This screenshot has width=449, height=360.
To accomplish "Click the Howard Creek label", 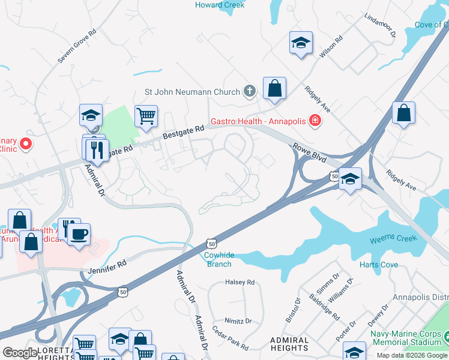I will pyautogui.click(x=220, y=5).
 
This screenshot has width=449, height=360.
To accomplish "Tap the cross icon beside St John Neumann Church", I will pyautogui.click(x=250, y=92).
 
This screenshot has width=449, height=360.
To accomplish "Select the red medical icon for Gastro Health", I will pyautogui.click(x=314, y=121).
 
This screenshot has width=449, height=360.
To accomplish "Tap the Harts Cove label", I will pyautogui.click(x=378, y=265).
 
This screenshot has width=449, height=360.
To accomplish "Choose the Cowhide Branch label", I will pyautogui.click(x=219, y=260).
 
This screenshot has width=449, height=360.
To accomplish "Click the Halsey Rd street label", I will pyautogui.click(x=240, y=282).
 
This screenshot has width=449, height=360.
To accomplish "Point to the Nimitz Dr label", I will pyautogui.click(x=238, y=320).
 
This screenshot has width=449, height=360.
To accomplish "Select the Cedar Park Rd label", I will pyautogui.click(x=231, y=338).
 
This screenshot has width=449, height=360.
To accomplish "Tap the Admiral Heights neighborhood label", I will pyautogui.click(x=290, y=344).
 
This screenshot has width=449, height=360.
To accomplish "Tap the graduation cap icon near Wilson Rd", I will pyautogui.click(x=301, y=43).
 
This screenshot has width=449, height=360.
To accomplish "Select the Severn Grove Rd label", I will pyautogui.click(x=77, y=46).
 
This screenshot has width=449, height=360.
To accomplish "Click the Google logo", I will pyautogui.click(x=20, y=353).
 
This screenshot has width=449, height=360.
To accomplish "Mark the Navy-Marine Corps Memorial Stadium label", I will pyautogui.click(x=406, y=337).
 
